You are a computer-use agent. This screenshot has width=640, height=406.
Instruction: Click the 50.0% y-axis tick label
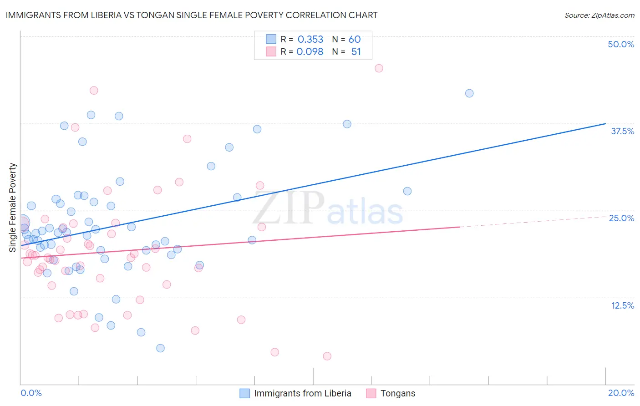pyautogui.click(x=621, y=44)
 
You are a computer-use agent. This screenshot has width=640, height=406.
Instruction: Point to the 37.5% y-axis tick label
pyautogui.click(x=622, y=131)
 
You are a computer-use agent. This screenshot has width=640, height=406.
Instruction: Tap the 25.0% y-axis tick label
pyautogui.click(x=621, y=218)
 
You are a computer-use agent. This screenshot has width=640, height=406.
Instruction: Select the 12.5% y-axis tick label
pyautogui.click(x=622, y=305)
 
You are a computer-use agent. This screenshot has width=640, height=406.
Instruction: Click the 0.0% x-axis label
pyautogui.click(x=31, y=393)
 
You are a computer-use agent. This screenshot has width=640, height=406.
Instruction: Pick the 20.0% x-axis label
pyautogui.click(x=621, y=393)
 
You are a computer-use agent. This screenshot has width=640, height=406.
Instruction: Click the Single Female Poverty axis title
pyautogui.click(x=13, y=208)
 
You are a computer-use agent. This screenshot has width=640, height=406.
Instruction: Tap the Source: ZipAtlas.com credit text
pyautogui.click(x=599, y=15)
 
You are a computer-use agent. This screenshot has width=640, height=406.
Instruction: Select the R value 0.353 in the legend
pyautogui.click(x=310, y=40)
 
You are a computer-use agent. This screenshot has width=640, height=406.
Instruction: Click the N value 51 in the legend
pyautogui.click(x=356, y=52)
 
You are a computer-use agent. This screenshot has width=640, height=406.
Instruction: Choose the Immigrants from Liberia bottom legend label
pyautogui.click(x=303, y=393)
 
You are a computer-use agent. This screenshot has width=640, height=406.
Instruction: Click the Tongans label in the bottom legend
pyautogui.click(x=398, y=393)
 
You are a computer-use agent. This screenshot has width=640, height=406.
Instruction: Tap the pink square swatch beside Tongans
pyautogui.click(x=371, y=393)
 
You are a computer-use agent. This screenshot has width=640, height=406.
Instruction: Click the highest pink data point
pyautogui.click(x=379, y=68)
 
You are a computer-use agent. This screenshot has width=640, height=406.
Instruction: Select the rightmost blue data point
pyautogui.click(x=469, y=93)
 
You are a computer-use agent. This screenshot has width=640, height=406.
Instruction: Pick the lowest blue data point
pyautogui.click(x=160, y=348)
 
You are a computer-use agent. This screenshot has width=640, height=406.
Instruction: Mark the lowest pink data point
pyautogui.click(x=327, y=356)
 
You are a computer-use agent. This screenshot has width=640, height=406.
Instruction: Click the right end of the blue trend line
pyautogui.click(x=605, y=123)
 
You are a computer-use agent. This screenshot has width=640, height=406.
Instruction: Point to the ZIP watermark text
pyautogui.click(x=289, y=208)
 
